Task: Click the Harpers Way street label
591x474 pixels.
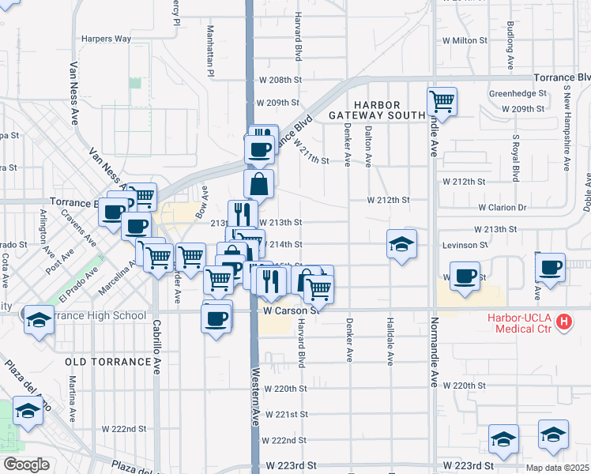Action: (x=107, y=38)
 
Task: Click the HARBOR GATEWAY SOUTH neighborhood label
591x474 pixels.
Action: (x=377, y=110)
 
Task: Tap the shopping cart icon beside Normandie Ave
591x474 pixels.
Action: (x=442, y=101)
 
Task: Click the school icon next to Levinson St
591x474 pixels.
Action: (x=401, y=244)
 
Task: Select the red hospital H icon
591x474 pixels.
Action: (x=563, y=322)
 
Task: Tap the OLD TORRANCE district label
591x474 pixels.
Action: (x=107, y=361)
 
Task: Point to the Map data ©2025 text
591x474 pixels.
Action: (x=557, y=468)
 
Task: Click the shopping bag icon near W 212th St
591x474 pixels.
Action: (x=258, y=185)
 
